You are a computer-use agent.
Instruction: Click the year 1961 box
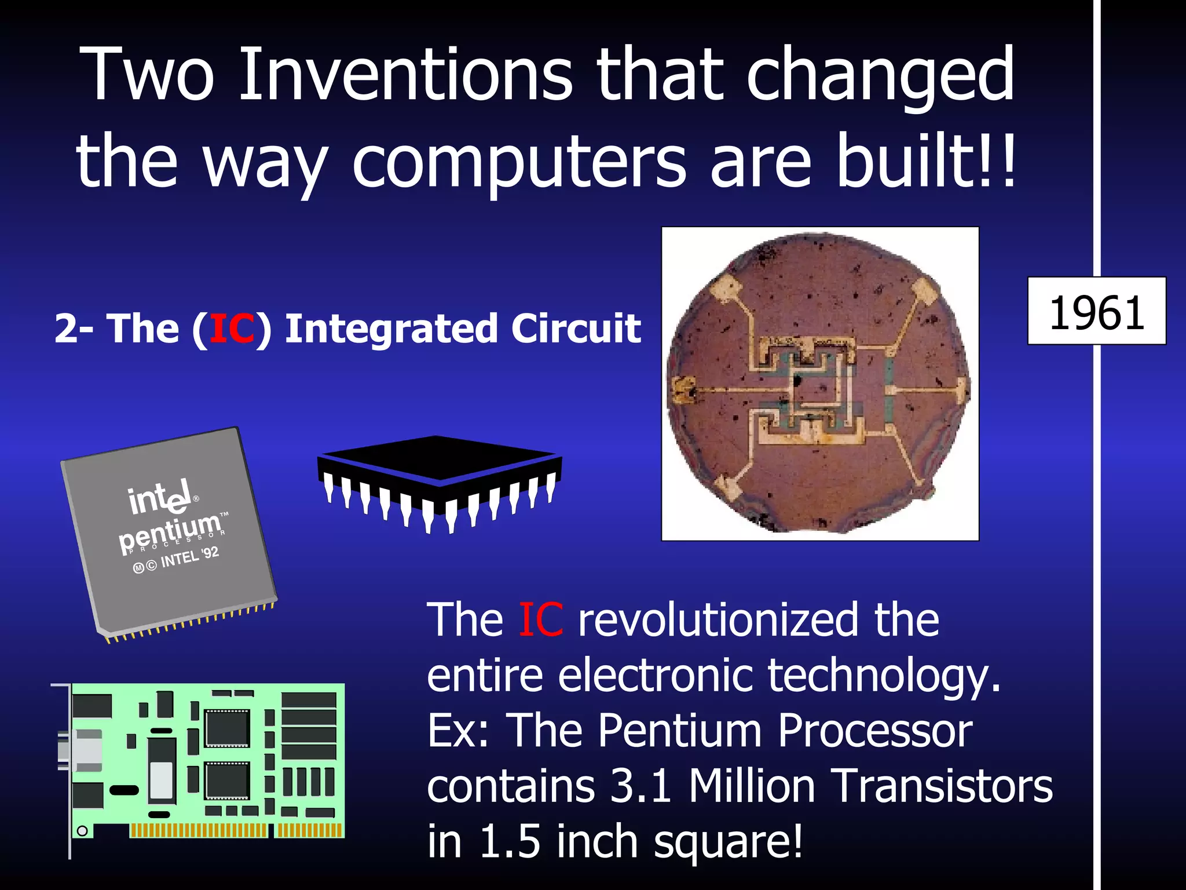1096,312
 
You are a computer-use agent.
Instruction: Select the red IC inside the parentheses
232,329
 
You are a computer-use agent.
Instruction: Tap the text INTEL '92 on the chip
189,557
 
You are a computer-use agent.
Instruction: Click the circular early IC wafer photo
819,384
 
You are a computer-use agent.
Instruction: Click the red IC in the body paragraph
540,620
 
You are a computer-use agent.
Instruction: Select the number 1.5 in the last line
510,841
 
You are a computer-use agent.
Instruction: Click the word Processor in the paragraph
874,731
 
